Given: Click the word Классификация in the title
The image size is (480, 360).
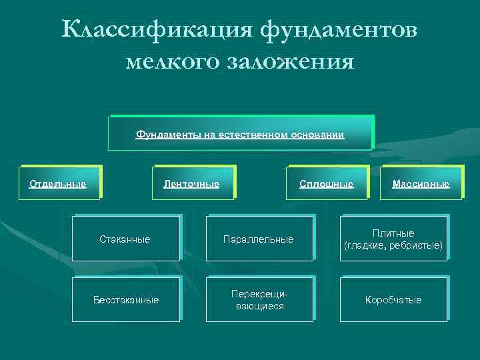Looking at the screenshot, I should pos(156,30).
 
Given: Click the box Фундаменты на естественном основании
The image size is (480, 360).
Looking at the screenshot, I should pos(240,133).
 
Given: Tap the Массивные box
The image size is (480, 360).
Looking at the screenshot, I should pos(421,183).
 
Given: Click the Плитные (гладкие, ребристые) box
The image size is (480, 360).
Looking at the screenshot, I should pos(393,239).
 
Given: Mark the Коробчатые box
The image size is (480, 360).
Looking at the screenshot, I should pos(393,300).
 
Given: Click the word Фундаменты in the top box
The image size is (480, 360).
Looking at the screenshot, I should pos(164,135).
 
